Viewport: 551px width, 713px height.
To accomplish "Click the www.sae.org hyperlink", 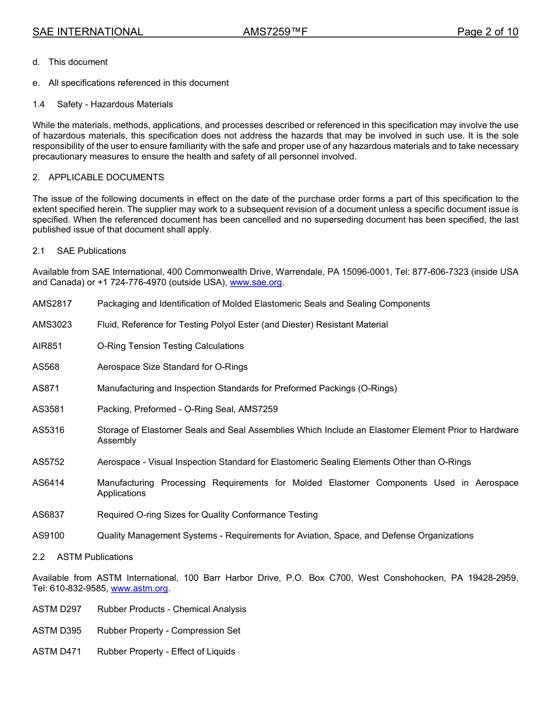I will coord(256,282).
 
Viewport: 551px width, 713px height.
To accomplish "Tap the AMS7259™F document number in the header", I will coord(275,32).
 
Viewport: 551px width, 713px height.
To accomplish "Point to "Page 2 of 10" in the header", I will coord(487,32).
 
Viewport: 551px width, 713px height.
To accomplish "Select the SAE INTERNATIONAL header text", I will coord(88,32).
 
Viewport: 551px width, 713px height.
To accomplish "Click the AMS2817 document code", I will coord(52,304).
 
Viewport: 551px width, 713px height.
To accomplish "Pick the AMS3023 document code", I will coord(52,325).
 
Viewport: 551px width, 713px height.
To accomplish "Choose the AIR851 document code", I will coord(47,346).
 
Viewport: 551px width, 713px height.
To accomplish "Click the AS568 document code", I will coord(46,367).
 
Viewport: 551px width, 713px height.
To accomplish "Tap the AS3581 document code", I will coord(48,409).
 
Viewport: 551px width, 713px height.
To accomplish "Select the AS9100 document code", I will coord(48,536).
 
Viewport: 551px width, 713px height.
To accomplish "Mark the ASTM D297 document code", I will coord(57,609).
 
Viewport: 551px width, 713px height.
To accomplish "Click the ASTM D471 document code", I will coord(57,652).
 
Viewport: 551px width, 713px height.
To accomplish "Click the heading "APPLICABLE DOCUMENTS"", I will coord(106,177).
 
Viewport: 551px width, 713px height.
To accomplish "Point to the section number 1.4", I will coord(38,104).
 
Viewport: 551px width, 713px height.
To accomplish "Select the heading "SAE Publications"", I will coord(91,251).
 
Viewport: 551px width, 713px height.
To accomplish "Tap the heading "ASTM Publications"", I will coord(95,557).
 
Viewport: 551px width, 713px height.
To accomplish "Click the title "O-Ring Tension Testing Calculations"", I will coord(171,346).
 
